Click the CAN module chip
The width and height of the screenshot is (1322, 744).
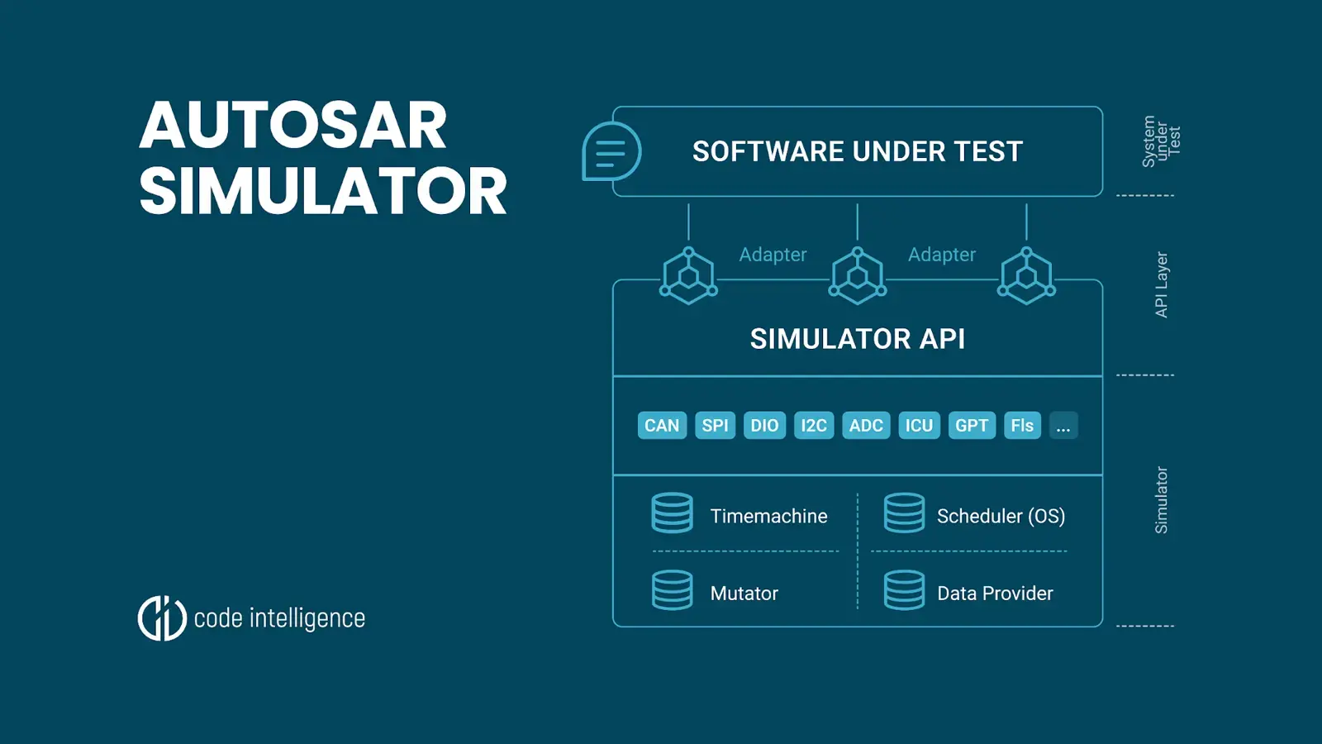[x=662, y=426]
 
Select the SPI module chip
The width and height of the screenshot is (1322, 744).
[x=715, y=426]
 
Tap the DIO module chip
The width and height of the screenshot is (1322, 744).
[x=764, y=426]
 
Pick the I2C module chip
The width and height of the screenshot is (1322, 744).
[x=814, y=426]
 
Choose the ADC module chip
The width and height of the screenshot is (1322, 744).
[x=866, y=426]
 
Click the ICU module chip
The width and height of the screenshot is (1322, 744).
[x=919, y=426]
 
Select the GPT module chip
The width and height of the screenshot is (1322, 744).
[x=972, y=426]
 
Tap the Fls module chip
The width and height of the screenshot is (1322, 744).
[x=1022, y=426]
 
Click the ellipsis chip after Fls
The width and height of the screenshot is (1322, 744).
[x=1063, y=426]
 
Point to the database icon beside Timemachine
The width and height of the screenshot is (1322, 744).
[x=673, y=513]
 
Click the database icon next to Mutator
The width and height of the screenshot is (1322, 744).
[x=673, y=590]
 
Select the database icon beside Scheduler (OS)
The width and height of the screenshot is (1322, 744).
[x=905, y=513]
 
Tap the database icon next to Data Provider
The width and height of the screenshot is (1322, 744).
[x=905, y=590]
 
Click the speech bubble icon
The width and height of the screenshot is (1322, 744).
[x=611, y=151]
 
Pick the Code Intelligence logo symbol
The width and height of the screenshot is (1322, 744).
[x=162, y=618]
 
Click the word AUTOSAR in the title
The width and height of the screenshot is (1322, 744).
[x=293, y=126]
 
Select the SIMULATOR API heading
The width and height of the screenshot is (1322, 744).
[x=858, y=339]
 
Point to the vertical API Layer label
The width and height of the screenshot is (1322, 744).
[x=1162, y=284]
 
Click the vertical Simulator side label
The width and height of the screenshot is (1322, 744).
[x=1162, y=500]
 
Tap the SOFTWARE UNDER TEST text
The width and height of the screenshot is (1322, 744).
[x=858, y=152]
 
